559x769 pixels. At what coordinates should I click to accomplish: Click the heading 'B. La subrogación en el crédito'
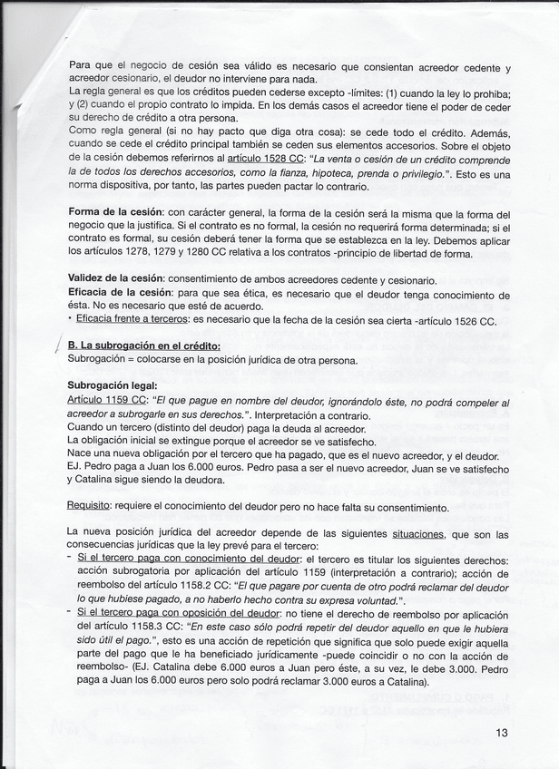pos(144,346)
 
